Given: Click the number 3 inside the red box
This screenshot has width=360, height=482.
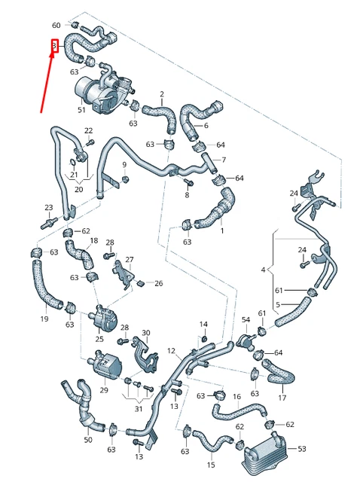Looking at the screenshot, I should (55, 47).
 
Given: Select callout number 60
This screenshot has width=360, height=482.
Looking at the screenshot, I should (56, 26).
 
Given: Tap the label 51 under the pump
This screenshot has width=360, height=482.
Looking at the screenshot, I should (82, 110).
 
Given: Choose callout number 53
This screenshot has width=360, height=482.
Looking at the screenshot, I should (302, 449).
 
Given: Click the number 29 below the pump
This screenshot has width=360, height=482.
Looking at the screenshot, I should (104, 389).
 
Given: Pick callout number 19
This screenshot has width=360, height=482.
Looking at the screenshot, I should (44, 319).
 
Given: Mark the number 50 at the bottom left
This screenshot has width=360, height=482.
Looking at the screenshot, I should (88, 439).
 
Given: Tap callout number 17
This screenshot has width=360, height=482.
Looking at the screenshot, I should (282, 398).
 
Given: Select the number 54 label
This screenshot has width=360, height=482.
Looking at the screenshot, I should (246, 320).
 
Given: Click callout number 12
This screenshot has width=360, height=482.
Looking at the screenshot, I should (171, 351).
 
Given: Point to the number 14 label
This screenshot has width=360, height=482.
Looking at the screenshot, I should (203, 325).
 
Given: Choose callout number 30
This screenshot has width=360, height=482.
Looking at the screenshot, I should (146, 332).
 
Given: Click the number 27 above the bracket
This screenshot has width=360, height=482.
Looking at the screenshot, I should (129, 260).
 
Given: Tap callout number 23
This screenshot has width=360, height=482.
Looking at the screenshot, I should (48, 208).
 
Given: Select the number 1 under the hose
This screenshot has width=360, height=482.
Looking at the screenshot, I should (222, 230).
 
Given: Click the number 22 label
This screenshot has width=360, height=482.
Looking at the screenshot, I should (88, 130).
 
